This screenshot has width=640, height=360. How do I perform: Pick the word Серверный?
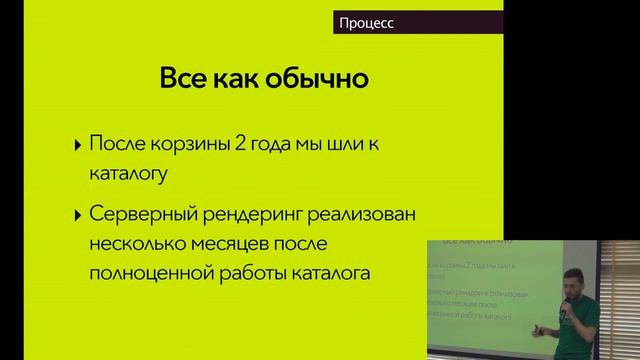click(x=141, y=214)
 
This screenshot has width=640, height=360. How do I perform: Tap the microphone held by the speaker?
click(x=566, y=313)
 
